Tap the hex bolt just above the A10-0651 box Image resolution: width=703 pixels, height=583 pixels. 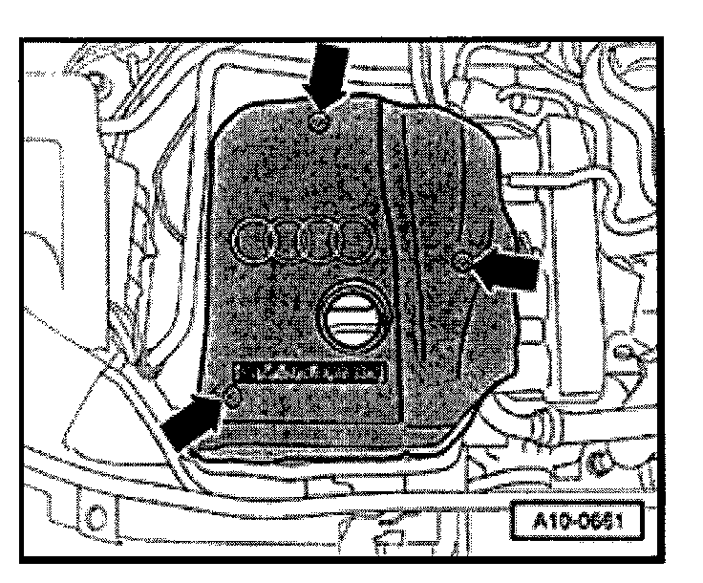coord(600,463)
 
